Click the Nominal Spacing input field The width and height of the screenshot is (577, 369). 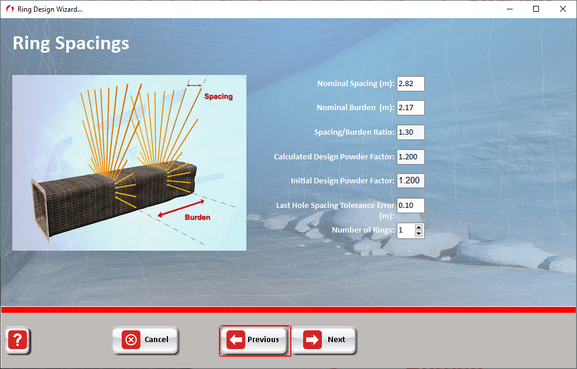coord(410,84)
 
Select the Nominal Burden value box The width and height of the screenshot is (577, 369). coord(410,108)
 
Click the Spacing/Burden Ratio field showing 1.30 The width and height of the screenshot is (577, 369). coord(410,132)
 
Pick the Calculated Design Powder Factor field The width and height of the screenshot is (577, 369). coord(410,156)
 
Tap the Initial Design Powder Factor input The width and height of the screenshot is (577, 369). coord(410,180)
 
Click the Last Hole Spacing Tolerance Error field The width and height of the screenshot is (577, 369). coord(410,206)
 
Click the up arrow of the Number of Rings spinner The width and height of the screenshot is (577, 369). coord(418,227)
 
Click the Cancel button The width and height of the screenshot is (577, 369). coord(145,340)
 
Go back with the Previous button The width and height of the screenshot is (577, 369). coord(254,340)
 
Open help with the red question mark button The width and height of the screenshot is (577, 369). coord(18,340)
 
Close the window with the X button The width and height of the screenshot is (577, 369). coord(562,9)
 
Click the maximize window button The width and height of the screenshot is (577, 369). coord(536,9)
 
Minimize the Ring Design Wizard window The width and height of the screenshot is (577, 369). coord(510,9)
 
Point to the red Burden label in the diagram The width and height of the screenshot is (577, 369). coord(198,217)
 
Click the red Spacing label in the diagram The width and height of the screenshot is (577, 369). coord(219,97)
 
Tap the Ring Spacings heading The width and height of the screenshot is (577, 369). coord(71,43)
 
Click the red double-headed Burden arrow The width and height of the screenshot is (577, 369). coord(181,209)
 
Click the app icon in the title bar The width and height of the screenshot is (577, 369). coord(10,9)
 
